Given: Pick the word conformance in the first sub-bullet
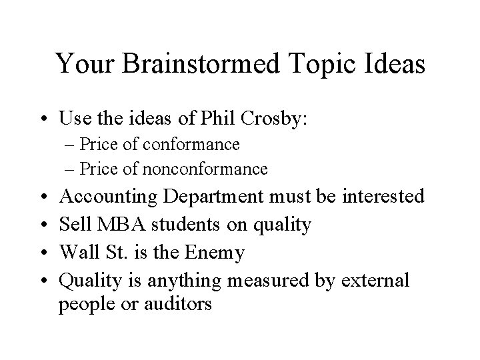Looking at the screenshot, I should pos(199,144).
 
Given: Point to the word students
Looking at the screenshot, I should pos(185,225).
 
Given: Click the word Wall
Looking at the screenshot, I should pos(78,253).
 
